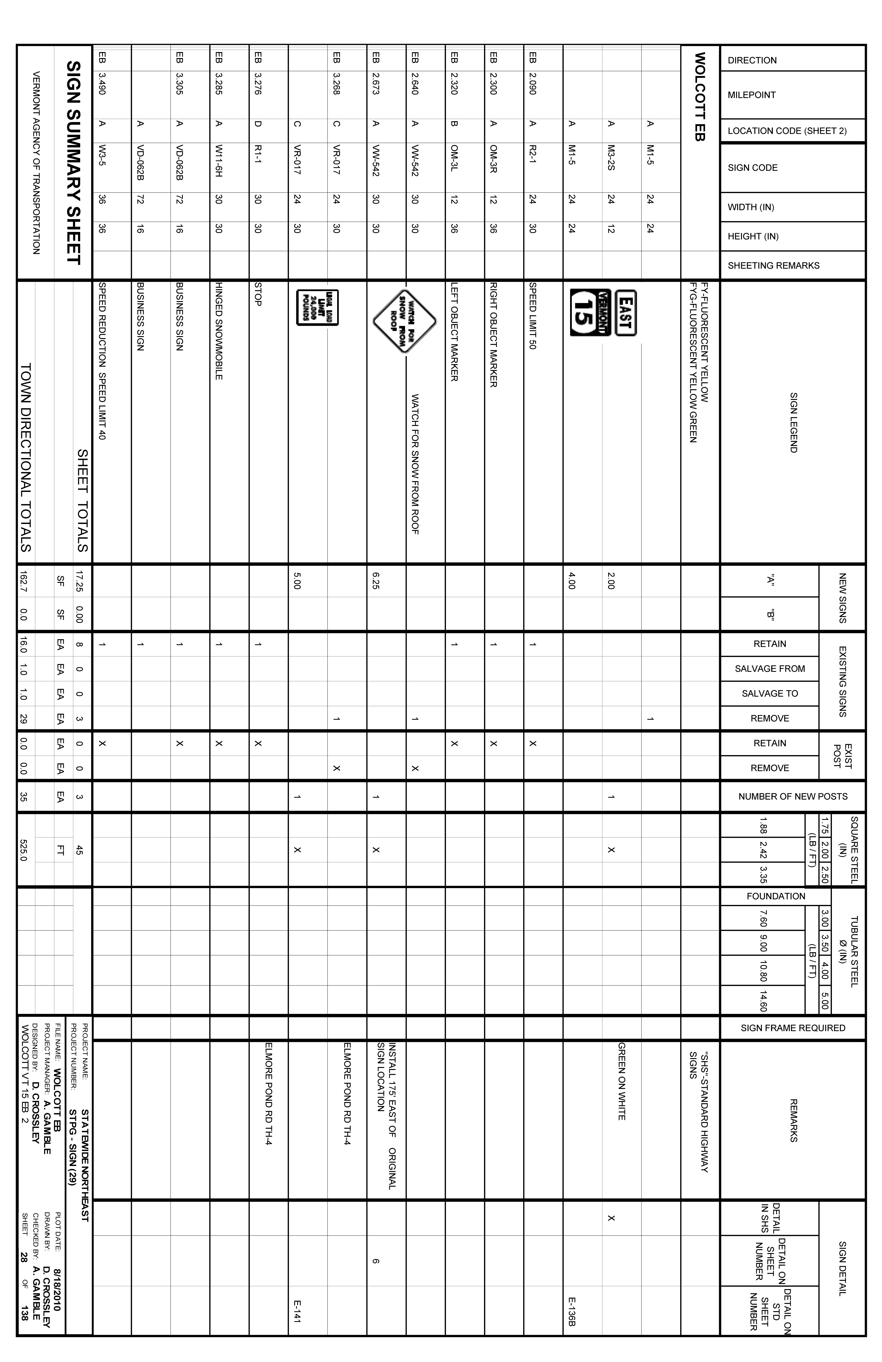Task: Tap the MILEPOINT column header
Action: coord(752,95)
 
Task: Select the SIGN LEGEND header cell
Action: coord(793,422)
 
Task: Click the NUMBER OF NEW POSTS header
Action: coord(793,796)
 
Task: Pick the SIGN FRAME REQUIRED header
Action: coord(793,1028)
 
